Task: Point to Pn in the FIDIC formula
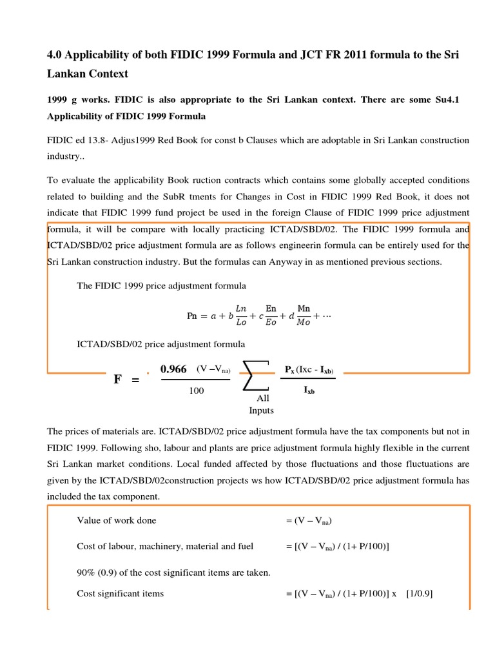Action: tap(192, 316)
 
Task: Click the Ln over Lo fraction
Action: tap(241, 316)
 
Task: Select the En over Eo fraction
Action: tap(271, 316)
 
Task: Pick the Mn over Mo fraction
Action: tap(303, 316)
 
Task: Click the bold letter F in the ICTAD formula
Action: tap(117, 380)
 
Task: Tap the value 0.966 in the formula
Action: tap(173, 369)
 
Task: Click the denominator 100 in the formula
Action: tap(197, 391)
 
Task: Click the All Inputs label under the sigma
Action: tap(262, 404)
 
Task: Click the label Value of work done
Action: tap(117, 520)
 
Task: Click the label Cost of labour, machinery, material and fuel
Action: tap(165, 546)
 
